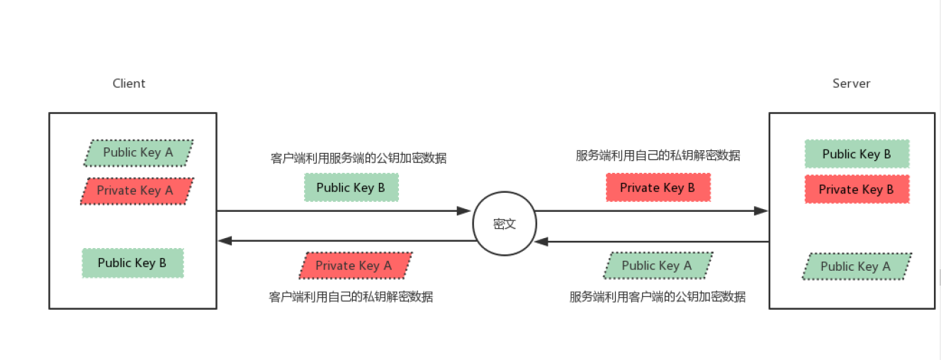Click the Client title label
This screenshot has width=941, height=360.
tap(129, 84)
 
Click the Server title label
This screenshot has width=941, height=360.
tap(851, 84)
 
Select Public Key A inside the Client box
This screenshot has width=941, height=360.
tap(138, 152)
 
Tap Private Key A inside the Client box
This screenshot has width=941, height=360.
tap(135, 191)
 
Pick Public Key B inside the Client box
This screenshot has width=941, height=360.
tap(133, 263)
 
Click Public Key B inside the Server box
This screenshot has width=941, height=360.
tap(857, 154)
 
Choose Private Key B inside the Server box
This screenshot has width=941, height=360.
tap(857, 189)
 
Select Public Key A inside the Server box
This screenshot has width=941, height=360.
tap(856, 266)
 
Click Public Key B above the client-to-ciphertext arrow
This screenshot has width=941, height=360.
tap(351, 188)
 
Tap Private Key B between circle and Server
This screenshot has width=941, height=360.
tap(658, 188)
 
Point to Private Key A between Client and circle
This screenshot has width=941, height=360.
tap(354, 266)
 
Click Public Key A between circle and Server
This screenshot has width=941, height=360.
tap(657, 266)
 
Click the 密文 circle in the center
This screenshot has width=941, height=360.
tap(505, 224)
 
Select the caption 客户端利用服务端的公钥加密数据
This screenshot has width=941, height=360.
tap(359, 158)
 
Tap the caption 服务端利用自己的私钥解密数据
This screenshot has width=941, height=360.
tap(658, 155)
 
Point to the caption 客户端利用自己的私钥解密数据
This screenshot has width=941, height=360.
tap(351, 297)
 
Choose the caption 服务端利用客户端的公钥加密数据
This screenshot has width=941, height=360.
tap(657, 297)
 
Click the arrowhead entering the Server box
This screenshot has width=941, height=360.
tap(761, 210)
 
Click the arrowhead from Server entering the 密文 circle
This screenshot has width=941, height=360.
tap(542, 242)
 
